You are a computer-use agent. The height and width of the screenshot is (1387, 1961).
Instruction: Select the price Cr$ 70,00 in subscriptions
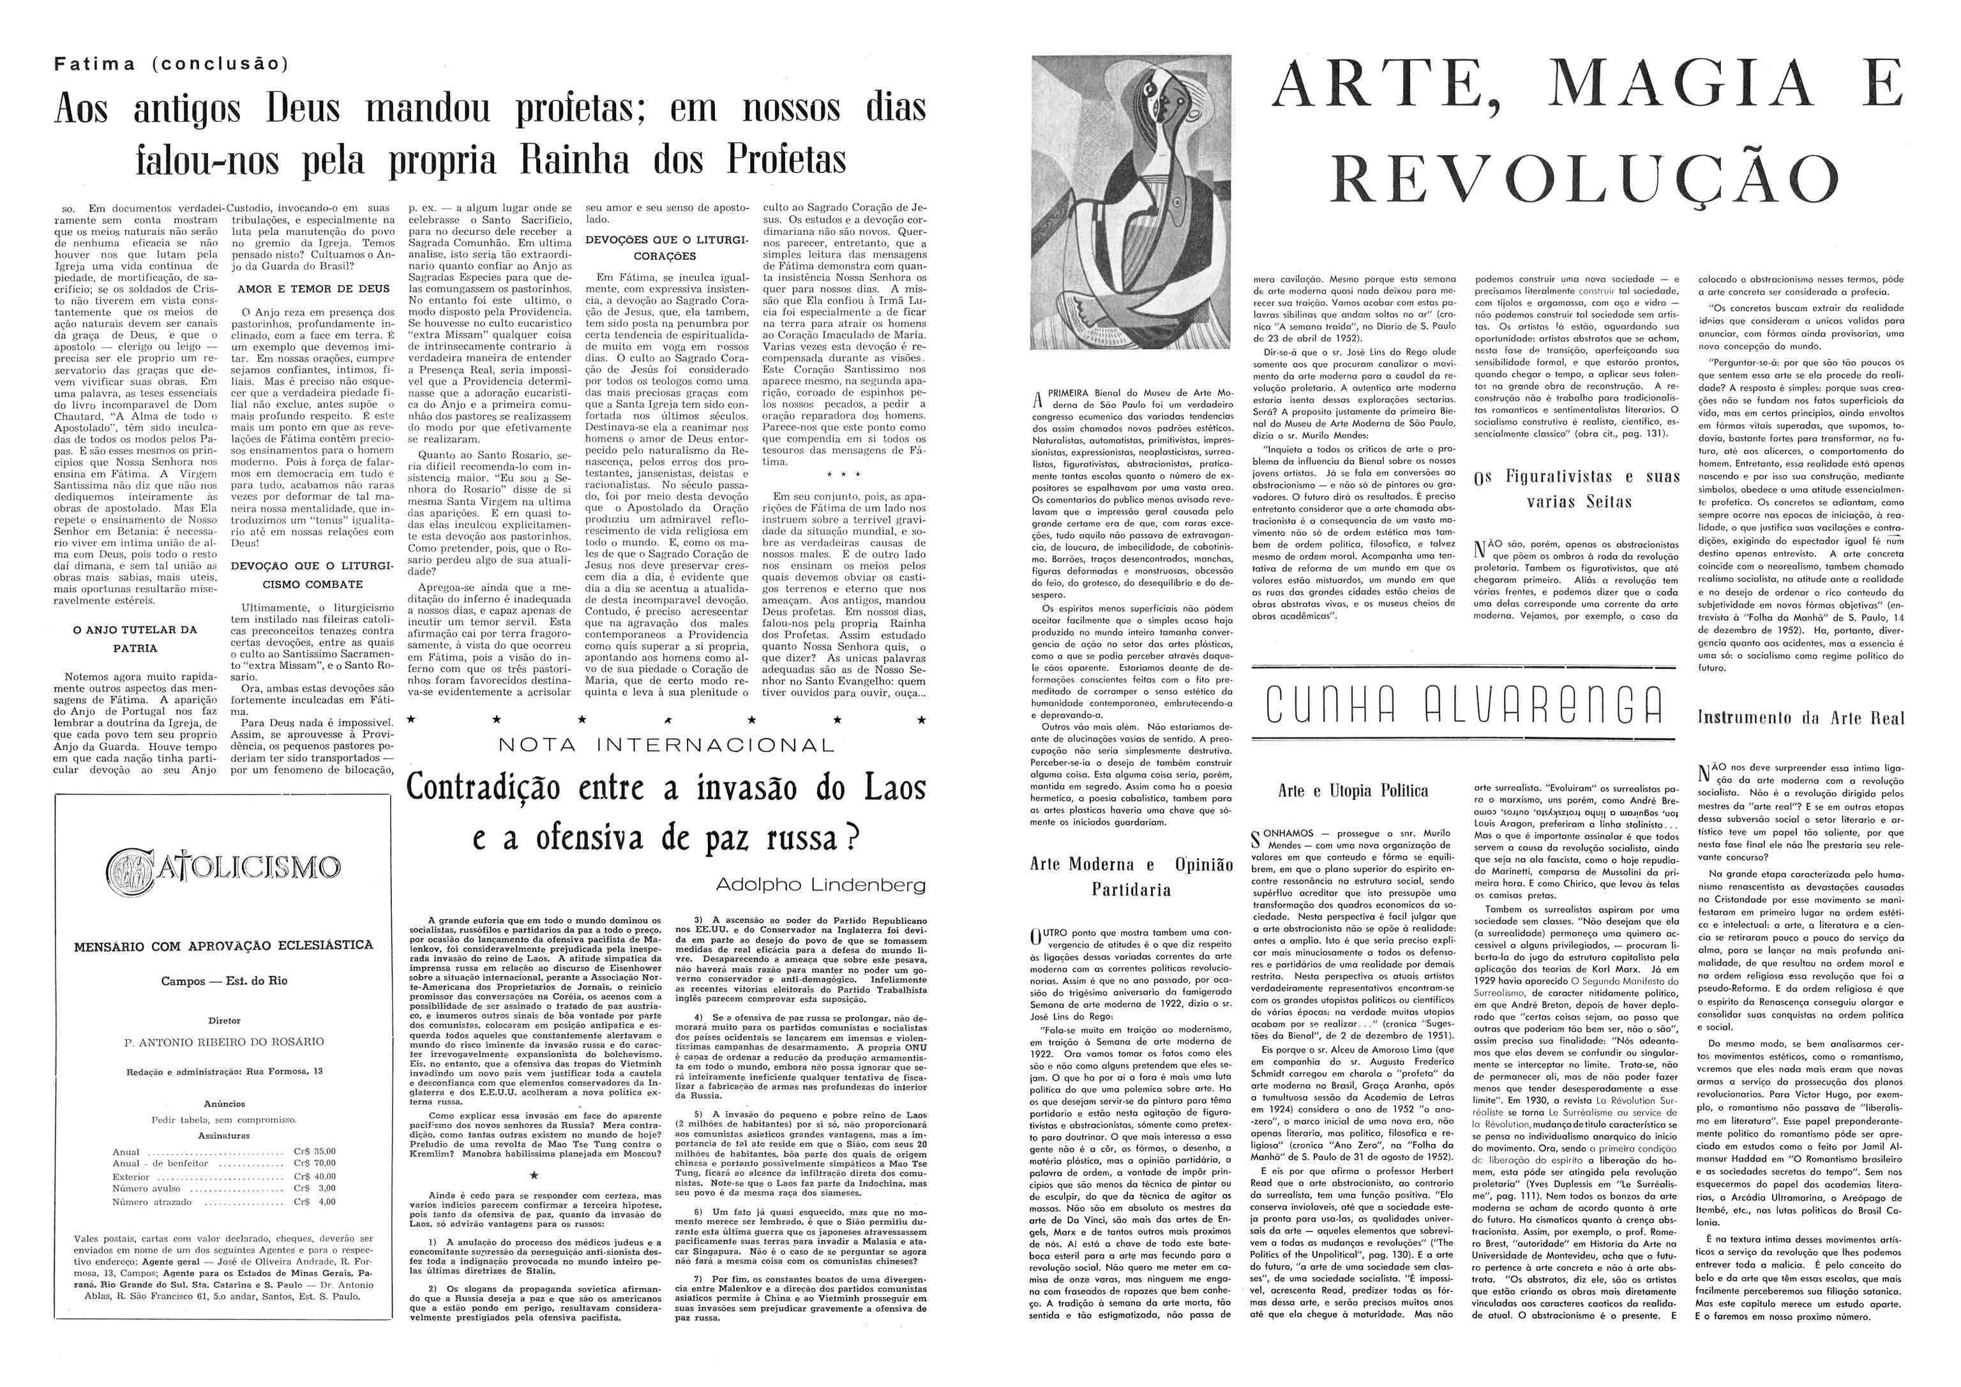(314, 1163)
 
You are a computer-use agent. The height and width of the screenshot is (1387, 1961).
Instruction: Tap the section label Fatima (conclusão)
(171, 63)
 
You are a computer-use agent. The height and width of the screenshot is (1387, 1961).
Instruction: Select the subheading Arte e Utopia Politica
(1353, 791)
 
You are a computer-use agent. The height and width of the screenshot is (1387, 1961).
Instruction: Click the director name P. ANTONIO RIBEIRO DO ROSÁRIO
(224, 1042)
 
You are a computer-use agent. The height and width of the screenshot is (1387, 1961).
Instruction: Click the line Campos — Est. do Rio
(224, 981)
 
